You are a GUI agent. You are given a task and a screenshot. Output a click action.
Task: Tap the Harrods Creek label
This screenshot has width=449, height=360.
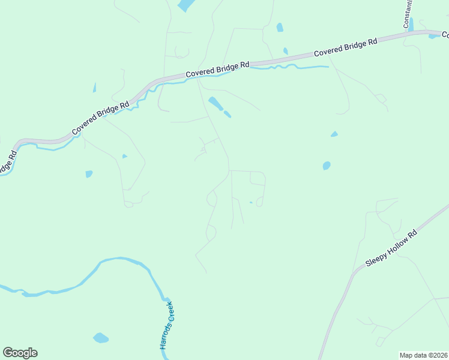pos(166,325)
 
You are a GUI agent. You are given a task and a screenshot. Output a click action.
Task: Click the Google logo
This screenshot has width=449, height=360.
pos(20,353)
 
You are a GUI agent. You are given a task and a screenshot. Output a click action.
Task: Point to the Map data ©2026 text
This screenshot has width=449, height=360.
pos(424,355)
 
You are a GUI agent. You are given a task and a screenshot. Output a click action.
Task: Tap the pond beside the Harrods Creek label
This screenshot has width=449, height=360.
pos(101,338)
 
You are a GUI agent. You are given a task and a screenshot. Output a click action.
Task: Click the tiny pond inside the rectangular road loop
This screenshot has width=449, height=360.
pos(250,203)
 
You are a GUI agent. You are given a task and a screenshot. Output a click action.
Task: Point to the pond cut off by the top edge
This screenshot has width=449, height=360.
pos(186,5)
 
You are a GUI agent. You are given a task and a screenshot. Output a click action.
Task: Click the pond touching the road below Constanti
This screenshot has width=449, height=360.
pos(433,36)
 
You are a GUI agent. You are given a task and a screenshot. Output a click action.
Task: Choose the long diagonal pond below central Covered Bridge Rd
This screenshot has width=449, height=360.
pos(215,103)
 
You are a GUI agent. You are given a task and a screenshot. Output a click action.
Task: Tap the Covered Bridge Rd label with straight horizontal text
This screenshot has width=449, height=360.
pos(217,68)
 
